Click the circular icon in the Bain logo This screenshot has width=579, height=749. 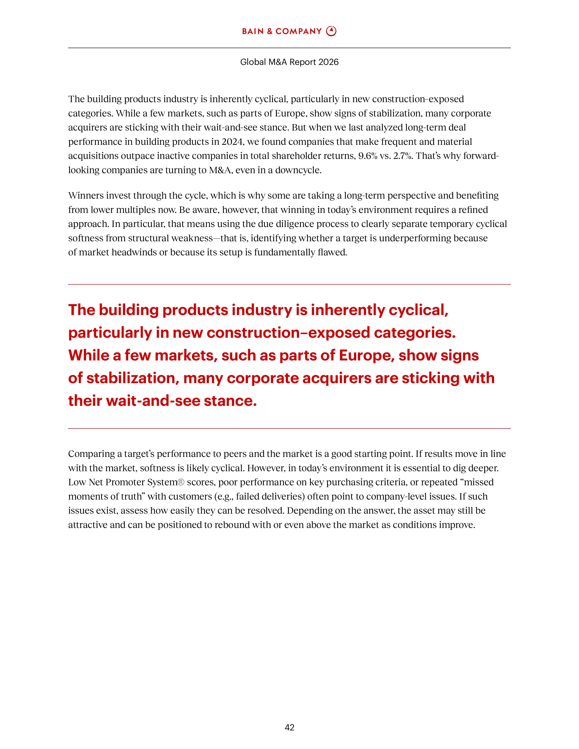[331, 31]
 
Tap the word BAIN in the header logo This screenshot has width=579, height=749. [253, 32]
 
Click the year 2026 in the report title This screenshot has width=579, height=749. [328, 62]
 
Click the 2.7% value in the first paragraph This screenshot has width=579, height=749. [403, 156]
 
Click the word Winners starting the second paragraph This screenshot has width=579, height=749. [86, 195]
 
